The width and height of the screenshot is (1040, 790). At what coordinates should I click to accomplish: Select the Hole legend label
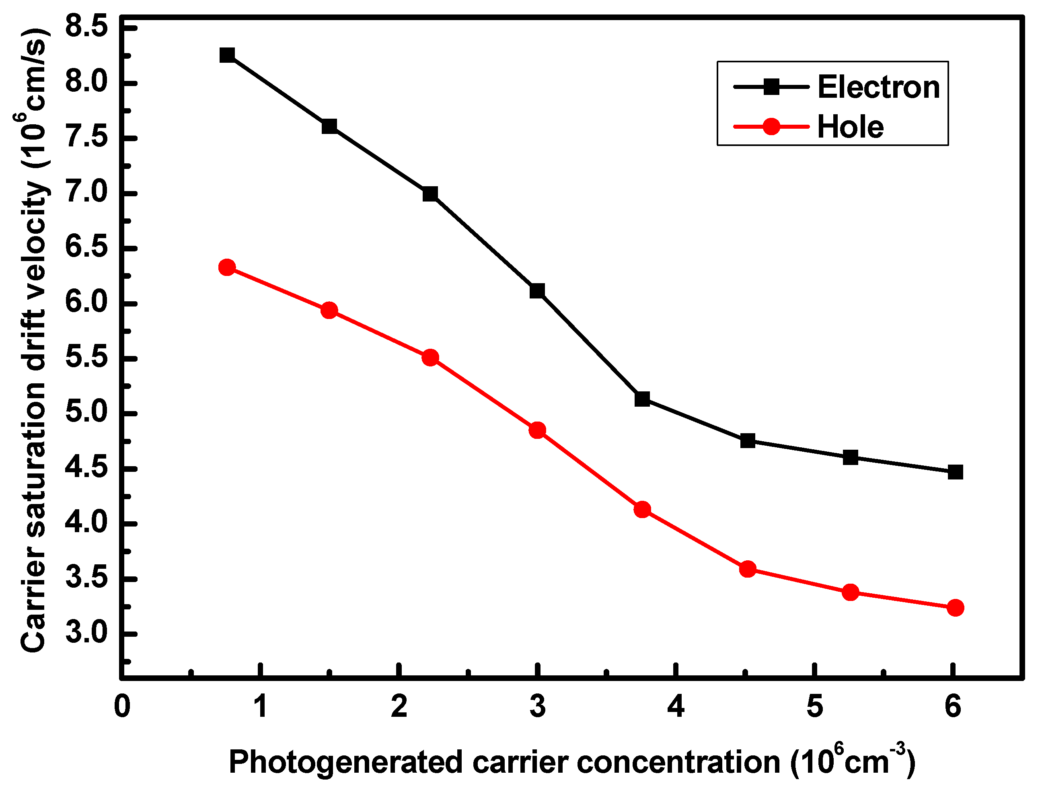[850, 128]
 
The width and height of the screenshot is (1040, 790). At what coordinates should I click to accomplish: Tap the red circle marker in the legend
[771, 126]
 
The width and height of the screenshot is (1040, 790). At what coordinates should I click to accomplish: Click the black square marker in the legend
[771, 87]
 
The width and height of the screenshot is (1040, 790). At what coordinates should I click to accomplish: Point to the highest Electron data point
[227, 55]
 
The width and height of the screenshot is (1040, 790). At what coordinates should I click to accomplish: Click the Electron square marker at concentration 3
[537, 291]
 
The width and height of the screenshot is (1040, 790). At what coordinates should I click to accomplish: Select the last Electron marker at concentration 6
[955, 472]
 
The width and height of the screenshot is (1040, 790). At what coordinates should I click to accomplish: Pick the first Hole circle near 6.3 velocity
[227, 267]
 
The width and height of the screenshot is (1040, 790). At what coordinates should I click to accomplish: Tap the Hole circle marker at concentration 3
[537, 430]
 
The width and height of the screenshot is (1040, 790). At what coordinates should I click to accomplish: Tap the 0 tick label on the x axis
[122, 706]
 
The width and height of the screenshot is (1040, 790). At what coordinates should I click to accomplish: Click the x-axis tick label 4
[676, 706]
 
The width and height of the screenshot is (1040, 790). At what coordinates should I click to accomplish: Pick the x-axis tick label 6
[953, 706]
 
